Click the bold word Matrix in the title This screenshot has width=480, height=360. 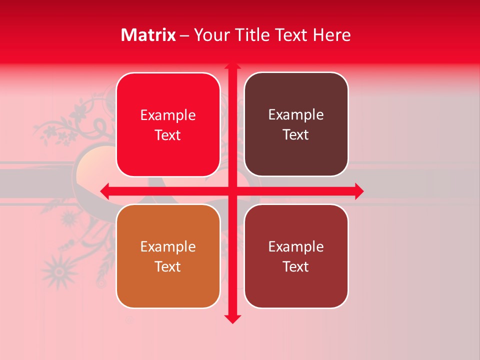(x=148, y=35)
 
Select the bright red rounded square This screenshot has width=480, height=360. (x=168, y=125)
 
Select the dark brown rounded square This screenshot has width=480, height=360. (x=296, y=124)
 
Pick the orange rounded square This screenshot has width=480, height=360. (x=168, y=256)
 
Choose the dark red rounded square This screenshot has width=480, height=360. (x=296, y=256)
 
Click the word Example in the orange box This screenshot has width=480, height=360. (x=168, y=246)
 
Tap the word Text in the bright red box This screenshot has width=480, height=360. (x=168, y=135)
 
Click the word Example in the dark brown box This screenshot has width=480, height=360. (x=296, y=114)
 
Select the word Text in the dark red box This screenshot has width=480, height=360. (x=296, y=266)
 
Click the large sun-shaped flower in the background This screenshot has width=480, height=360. (x=59, y=270)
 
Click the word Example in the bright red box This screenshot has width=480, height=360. (x=168, y=115)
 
